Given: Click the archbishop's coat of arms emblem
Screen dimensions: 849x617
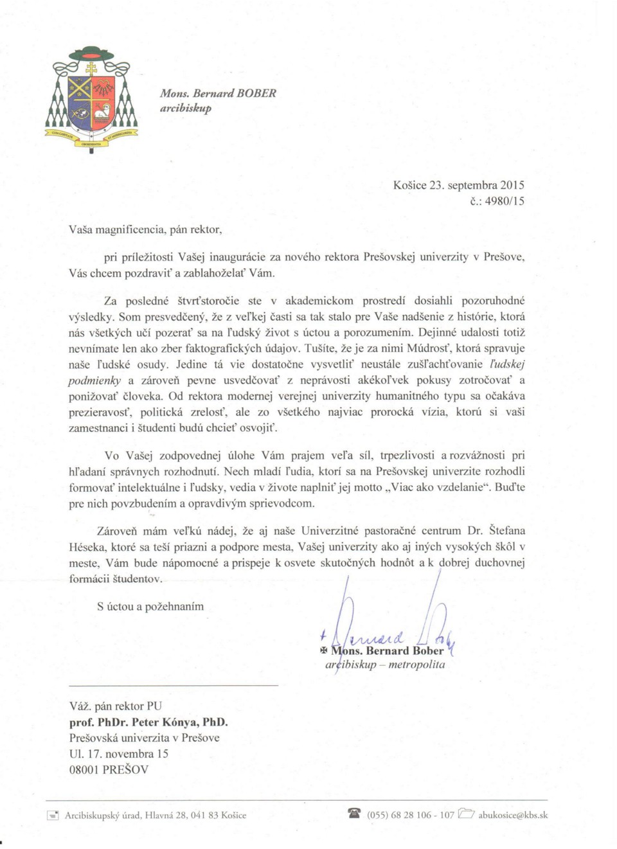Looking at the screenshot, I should (x=91, y=98).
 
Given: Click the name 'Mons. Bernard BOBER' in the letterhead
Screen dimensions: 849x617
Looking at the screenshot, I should (x=218, y=93).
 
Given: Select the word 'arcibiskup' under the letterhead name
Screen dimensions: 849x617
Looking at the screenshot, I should (x=186, y=108).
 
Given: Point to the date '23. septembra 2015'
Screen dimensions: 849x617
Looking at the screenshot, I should (x=476, y=185).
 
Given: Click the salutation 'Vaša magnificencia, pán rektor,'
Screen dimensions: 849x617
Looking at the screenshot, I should (x=146, y=229).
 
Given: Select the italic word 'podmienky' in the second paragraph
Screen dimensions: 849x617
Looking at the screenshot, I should (x=94, y=380).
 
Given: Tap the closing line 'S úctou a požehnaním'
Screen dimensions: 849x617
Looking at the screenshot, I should (x=150, y=606).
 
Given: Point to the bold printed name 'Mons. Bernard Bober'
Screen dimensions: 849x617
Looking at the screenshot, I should (x=387, y=650).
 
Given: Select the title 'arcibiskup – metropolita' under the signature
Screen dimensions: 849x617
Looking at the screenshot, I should (x=385, y=665).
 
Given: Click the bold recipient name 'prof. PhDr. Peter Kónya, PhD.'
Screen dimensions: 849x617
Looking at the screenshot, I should (x=148, y=722).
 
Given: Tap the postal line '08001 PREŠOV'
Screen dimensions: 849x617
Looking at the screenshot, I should (x=109, y=769).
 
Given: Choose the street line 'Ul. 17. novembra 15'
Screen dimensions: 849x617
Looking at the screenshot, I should (x=119, y=753).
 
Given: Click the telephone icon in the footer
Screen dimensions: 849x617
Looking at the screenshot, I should (x=354, y=813).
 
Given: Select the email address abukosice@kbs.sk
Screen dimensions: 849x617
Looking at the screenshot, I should (x=513, y=815).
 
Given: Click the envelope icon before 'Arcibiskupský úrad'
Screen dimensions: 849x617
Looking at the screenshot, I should (x=53, y=816).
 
